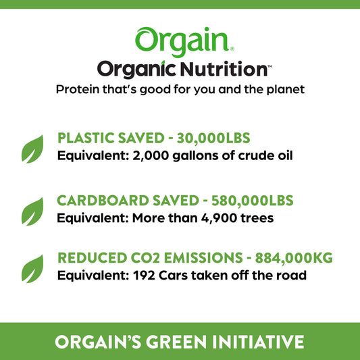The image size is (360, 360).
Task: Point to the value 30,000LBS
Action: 213,138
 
